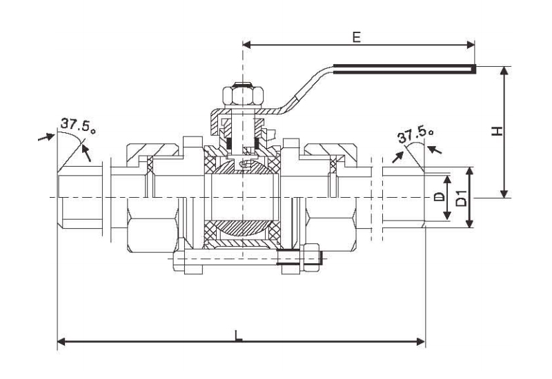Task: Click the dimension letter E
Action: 356,37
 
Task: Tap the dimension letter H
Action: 495,131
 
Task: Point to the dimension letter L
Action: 238,335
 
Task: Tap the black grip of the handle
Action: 404,68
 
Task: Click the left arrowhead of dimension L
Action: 61,340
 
